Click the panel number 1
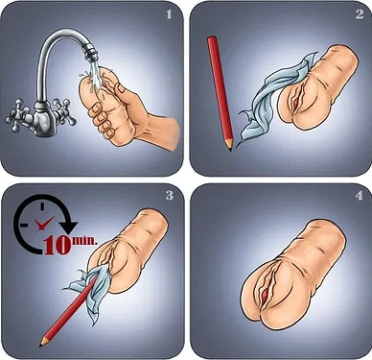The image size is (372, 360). coord(169,14)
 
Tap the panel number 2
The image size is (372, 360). coord(360,13)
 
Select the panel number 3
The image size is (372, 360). coord(170,195)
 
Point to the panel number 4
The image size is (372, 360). coord(360,195)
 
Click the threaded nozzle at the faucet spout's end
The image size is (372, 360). coord(90,53)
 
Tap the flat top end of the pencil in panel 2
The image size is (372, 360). coord(212,38)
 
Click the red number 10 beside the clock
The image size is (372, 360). coord(58,246)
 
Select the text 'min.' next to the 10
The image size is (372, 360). coord(85,240)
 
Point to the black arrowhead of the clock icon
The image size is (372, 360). coord(69,226)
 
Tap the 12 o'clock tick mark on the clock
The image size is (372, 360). coord(42,206)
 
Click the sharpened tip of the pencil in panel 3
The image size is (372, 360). coord(41,345)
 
